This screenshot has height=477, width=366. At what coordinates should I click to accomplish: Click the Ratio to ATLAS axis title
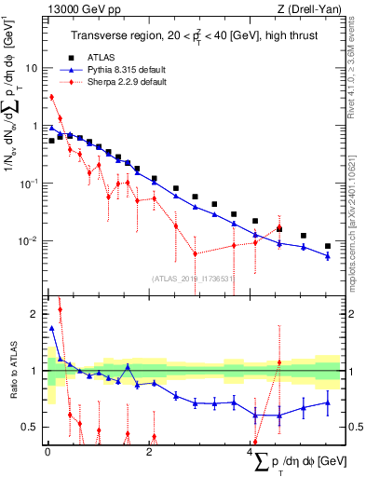[x=13, y=374]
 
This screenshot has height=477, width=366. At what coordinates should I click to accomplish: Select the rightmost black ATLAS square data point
[x=327, y=246]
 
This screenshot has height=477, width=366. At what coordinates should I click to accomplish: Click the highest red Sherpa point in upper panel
[x=52, y=97]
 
